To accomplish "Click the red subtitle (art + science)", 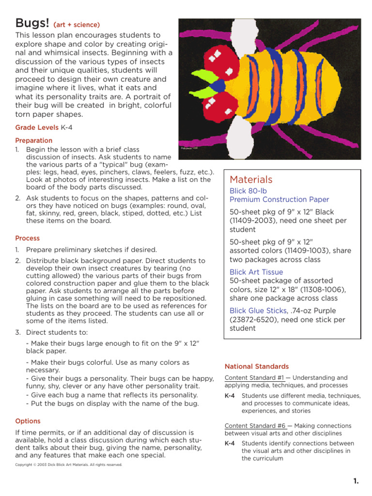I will [x=77, y=25].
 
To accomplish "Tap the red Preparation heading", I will [x=33, y=140].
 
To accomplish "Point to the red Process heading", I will [x=28, y=238].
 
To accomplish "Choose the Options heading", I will [x=28, y=421].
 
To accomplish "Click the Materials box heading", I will [x=251, y=180].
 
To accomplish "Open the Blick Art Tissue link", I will [x=256, y=272].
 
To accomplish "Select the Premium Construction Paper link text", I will [x=279, y=200].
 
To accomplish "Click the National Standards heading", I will [x=256, y=367].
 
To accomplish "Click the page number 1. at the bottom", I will [x=356, y=481].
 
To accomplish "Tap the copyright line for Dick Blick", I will [x=69, y=465].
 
